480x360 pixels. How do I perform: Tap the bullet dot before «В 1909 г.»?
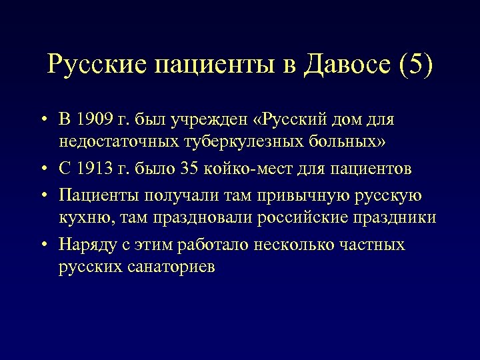click(42, 120)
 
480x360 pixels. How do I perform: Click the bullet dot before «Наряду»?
click(42, 245)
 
